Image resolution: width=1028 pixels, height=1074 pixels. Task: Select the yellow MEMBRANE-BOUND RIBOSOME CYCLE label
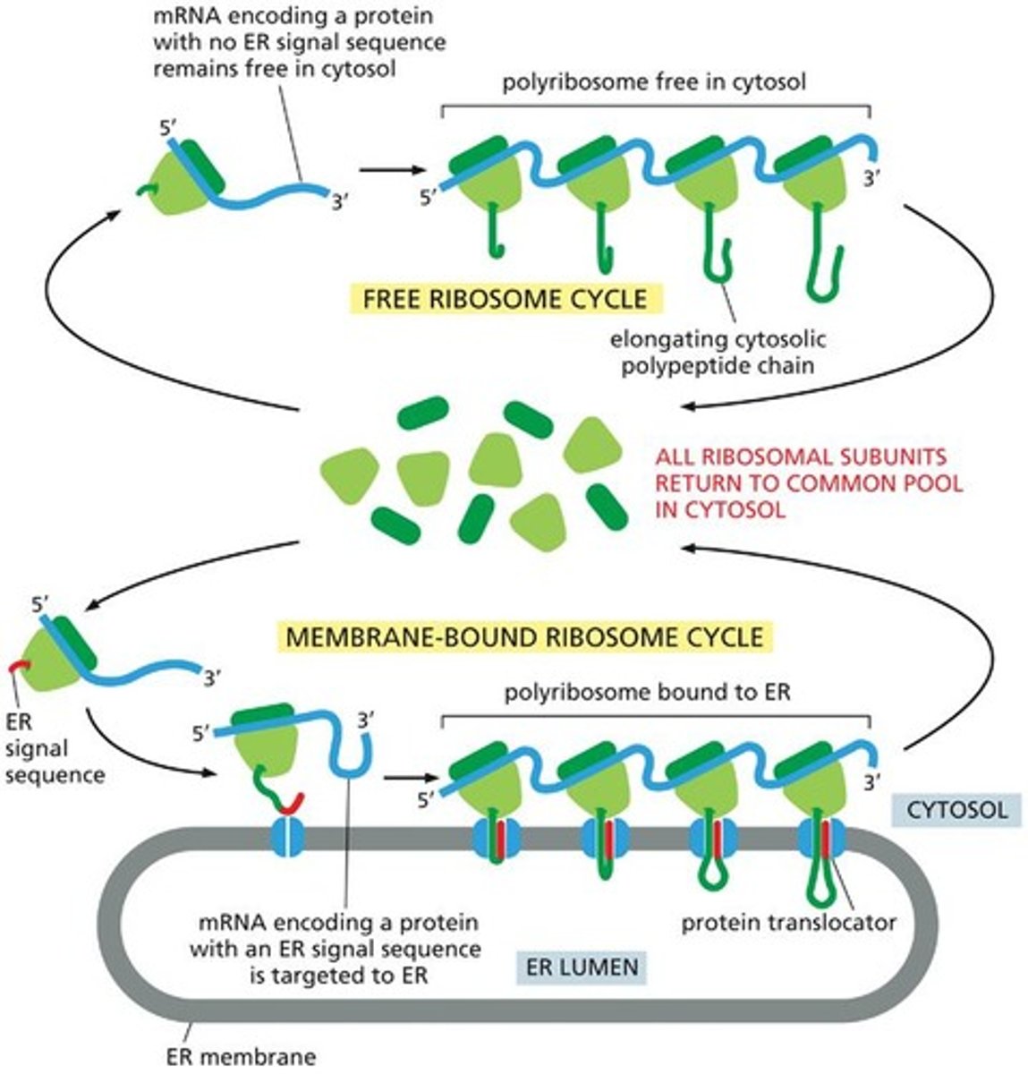tap(525, 636)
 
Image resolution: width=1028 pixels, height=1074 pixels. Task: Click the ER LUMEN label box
tap(581, 967)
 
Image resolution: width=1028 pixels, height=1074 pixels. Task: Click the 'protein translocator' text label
tap(788, 922)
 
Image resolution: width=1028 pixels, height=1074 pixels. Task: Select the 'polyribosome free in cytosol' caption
tap(653, 82)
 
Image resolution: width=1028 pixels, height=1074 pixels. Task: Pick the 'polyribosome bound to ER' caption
tap(648, 692)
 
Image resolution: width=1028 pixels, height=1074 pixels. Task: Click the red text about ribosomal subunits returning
tap(809, 483)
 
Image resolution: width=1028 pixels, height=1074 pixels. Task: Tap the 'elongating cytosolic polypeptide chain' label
tap(718, 352)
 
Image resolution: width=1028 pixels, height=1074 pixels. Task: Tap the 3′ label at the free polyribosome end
tap(871, 179)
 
